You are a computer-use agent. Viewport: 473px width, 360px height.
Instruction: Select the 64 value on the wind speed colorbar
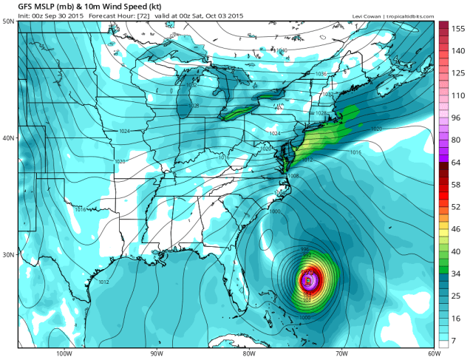tap(457, 161)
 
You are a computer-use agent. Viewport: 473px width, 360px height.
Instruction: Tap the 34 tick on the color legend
tap(457, 275)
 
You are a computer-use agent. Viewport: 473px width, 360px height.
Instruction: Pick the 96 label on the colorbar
tap(457, 118)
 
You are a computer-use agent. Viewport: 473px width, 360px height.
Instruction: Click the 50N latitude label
tap(8, 21)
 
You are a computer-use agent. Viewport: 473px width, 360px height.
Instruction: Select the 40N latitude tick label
tap(8, 137)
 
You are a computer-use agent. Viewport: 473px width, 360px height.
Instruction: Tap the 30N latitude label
tap(8, 254)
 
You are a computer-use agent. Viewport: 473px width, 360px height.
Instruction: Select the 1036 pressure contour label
tap(321, 74)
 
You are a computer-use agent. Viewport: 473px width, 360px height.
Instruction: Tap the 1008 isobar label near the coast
tap(293, 176)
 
